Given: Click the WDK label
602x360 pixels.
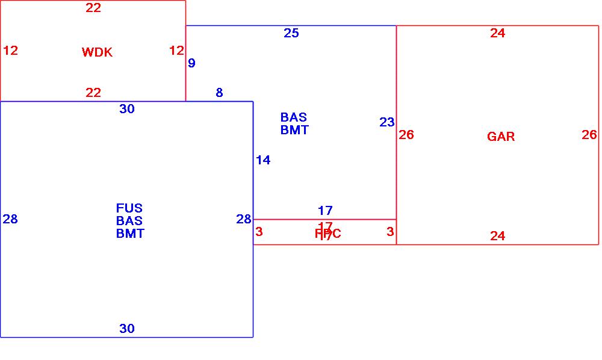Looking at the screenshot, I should click(97, 52).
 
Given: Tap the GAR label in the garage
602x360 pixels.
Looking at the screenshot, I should click(501, 137).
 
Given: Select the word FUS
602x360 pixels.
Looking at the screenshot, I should click(129, 208).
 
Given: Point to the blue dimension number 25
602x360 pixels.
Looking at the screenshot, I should click(291, 33).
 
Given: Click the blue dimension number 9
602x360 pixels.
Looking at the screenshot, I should click(192, 63).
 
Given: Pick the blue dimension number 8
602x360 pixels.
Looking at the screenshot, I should click(219, 93).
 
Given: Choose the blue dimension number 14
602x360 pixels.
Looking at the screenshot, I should click(263, 160).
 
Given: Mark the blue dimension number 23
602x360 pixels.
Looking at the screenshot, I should click(387, 123).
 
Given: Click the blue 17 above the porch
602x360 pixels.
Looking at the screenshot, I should click(325, 211).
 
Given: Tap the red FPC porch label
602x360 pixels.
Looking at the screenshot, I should click(328, 234).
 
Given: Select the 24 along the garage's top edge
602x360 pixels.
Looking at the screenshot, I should click(497, 33).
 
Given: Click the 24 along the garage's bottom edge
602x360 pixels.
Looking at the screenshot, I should click(497, 236).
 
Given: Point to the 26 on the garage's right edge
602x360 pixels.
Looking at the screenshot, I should click(589, 135).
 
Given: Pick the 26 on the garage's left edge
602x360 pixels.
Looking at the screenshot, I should click(406, 135).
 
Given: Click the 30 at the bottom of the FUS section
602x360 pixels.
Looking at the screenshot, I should click(127, 329).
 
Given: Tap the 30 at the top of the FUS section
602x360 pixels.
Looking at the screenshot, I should click(127, 109).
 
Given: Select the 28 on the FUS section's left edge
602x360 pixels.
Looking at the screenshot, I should click(10, 219).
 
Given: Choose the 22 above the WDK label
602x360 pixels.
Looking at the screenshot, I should click(93, 8).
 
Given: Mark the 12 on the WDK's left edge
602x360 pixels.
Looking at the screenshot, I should click(10, 51).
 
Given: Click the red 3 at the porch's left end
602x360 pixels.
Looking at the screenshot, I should click(259, 232).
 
